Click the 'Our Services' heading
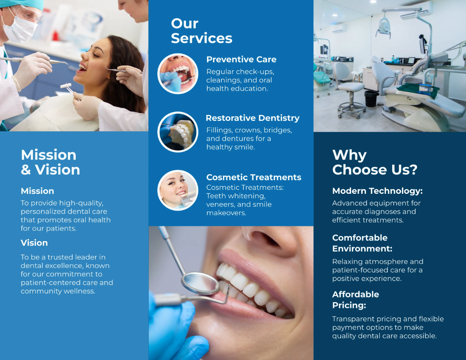(x=202, y=31)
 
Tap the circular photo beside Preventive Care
(x=178, y=74)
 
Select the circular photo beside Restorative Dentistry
(x=178, y=132)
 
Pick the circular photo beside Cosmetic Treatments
(x=178, y=190)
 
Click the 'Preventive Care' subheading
(x=241, y=59)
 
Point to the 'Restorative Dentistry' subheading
(x=252, y=118)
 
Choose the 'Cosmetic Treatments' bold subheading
(x=254, y=177)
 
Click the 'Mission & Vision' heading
(x=50, y=162)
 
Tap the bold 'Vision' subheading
(x=34, y=243)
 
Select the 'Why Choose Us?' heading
(x=375, y=162)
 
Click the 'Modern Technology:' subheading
(x=377, y=191)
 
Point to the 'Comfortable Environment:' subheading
(x=362, y=243)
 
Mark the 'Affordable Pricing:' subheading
(x=355, y=300)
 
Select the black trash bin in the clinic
(x=372, y=99)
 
